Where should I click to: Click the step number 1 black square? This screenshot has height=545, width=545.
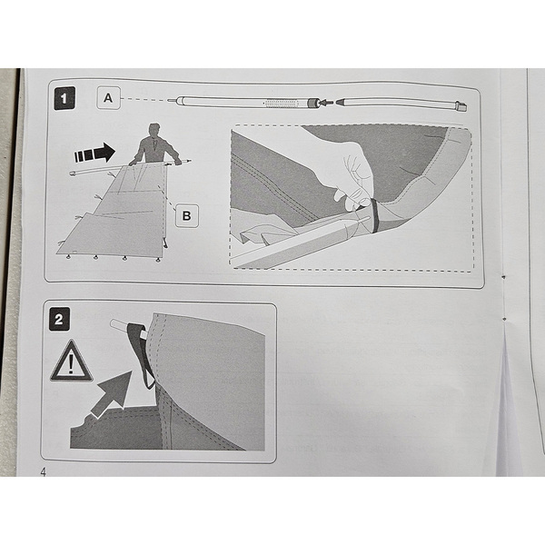pos(64,98)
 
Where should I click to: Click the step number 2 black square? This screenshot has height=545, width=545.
pos(59,319)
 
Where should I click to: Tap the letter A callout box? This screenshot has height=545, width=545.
pos(108,98)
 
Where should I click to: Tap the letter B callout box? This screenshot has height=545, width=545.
pos(186,216)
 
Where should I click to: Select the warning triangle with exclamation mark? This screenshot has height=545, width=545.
pos(71,362)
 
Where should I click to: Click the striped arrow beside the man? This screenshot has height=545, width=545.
pos(94,153)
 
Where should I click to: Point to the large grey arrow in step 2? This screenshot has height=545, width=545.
pos(113,392)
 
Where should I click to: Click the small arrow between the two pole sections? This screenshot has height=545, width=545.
pos(326,103)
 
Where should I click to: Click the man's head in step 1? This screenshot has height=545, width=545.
pos(154,131)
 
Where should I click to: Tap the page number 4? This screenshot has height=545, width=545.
pos(44,472)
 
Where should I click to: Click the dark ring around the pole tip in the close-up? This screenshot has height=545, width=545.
pos(374,215)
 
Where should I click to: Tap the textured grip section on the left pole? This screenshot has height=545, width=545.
pos(282,104)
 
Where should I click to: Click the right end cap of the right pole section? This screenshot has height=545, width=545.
pos(461,106)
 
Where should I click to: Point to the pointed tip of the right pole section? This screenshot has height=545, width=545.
pos(339,102)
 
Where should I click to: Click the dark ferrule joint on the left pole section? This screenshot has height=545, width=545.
pos(312,103)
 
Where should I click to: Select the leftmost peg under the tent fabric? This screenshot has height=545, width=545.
pos(68,257)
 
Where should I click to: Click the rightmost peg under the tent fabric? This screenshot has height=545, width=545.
pos(158,259)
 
